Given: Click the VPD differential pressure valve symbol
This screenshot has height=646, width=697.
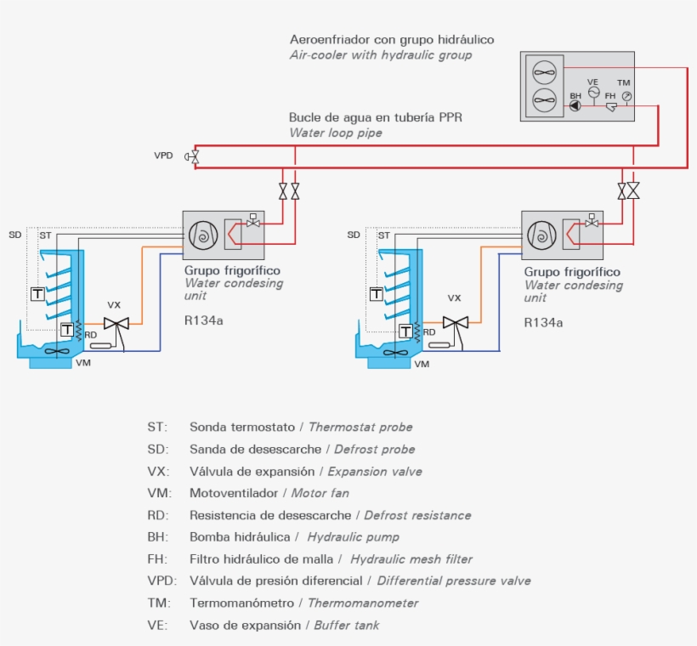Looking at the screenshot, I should [x=193, y=156].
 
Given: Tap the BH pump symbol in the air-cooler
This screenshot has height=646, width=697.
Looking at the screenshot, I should [x=575, y=106].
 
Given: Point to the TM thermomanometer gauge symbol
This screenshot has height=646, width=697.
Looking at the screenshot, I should [x=626, y=96].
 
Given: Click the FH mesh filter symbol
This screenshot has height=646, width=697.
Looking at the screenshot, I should [x=610, y=107].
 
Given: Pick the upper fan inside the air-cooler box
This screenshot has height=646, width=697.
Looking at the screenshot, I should [x=543, y=71].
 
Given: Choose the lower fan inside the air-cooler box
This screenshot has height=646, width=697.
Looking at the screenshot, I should [x=543, y=101].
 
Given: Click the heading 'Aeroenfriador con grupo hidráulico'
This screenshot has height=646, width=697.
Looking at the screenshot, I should [x=392, y=40].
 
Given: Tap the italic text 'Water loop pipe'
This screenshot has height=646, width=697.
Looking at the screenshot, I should [x=336, y=133].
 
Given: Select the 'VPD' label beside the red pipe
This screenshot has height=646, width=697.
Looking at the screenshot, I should [x=163, y=156].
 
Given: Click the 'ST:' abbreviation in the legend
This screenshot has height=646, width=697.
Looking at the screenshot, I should [x=157, y=427].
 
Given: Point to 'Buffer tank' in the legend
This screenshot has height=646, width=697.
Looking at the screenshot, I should [x=347, y=626].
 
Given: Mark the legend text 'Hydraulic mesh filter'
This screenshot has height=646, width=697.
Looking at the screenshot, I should [x=411, y=559].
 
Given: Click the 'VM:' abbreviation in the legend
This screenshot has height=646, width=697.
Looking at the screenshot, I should [x=158, y=493].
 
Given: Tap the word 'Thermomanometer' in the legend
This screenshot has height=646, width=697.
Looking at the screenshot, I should [x=363, y=603].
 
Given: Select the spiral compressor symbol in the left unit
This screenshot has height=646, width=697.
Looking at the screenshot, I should [x=203, y=235].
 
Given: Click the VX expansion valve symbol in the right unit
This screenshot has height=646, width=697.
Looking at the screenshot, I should [x=456, y=323].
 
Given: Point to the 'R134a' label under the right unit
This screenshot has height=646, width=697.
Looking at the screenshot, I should [x=543, y=323].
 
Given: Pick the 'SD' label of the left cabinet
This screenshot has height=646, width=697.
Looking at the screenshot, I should [x=14, y=235].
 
